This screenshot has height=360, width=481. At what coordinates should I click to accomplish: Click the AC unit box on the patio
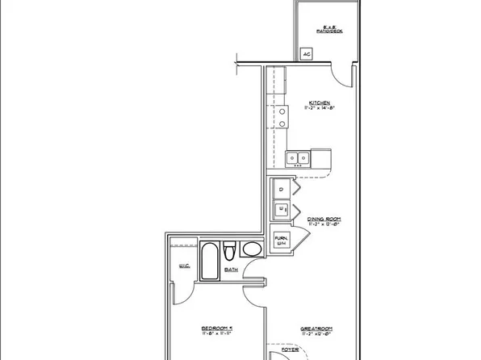click(x=307, y=55)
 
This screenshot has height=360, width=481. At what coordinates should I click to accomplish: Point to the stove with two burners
click(x=283, y=118)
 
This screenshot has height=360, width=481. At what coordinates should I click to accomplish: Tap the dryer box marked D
click(x=281, y=190)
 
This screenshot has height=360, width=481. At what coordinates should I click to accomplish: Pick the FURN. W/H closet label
click(x=281, y=241)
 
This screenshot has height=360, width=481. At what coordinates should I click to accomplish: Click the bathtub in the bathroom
click(x=209, y=259)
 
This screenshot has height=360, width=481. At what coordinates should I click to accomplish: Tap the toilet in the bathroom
click(x=230, y=249)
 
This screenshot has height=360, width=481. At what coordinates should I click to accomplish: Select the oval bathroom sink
click(x=253, y=249)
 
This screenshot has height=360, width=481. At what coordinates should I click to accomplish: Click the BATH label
click(x=231, y=270)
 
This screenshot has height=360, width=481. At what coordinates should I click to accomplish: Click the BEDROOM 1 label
click(x=217, y=329)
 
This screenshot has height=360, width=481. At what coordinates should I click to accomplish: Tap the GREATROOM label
click(x=318, y=329)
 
